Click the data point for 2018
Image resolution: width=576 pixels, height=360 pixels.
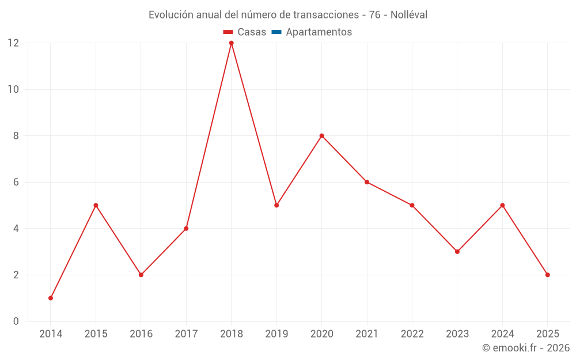click(x=232, y=43)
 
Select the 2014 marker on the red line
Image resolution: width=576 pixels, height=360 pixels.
click(x=51, y=298)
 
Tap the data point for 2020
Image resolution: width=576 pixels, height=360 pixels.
click(x=321, y=136)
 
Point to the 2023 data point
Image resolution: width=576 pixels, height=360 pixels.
click(x=457, y=252)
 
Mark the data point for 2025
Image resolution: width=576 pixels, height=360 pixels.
click(x=547, y=275)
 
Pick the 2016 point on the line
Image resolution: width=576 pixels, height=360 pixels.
click(x=141, y=275)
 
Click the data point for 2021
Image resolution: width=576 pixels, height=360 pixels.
click(x=367, y=182)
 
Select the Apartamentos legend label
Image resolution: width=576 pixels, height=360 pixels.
click(x=319, y=32)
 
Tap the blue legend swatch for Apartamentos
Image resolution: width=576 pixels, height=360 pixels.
click(x=276, y=32)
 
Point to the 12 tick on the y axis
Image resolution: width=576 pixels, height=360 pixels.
click(x=13, y=43)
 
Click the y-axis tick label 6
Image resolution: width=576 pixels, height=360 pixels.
click(x=16, y=182)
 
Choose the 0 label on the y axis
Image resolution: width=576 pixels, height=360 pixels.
click(x=16, y=321)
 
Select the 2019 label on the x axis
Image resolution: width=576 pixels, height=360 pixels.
click(x=276, y=334)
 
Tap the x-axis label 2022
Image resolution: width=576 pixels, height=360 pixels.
click(x=412, y=334)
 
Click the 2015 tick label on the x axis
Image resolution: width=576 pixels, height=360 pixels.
click(x=96, y=334)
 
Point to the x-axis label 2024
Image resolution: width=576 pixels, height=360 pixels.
click(x=502, y=334)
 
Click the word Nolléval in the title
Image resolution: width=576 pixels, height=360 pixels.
click(x=409, y=15)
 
